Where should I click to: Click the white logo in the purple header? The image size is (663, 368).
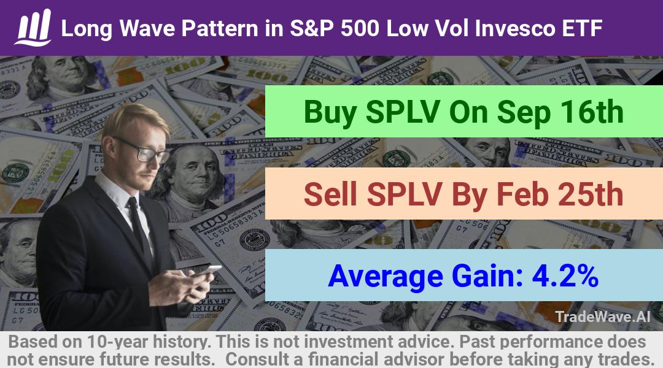(33, 28)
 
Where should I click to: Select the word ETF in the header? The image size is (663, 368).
(582, 29)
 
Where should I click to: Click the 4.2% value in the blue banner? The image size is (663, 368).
(565, 276)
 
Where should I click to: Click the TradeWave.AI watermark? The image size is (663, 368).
(603, 316)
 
